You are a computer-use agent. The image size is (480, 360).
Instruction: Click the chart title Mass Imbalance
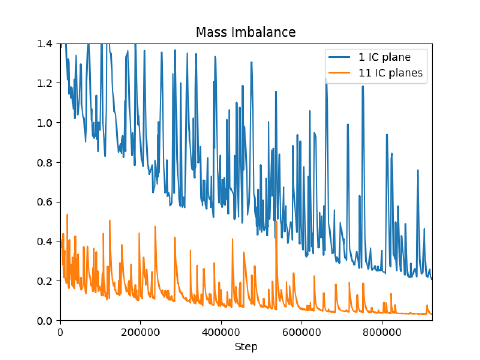246,32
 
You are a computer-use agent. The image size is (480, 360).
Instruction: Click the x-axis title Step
246,347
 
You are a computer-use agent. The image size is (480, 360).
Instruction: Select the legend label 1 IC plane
385,57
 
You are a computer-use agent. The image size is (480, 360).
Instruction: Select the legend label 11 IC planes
391,73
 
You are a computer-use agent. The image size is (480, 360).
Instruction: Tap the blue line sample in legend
340,57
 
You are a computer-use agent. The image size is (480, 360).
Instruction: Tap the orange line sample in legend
340,73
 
